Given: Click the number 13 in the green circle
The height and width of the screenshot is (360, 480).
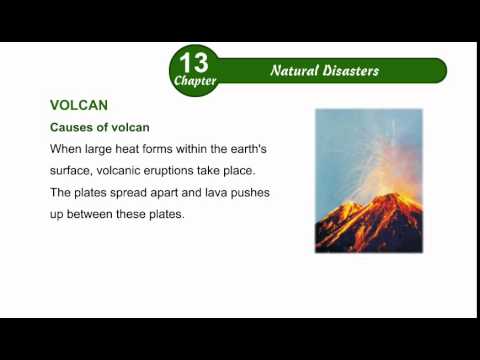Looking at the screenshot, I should [x=194, y=64].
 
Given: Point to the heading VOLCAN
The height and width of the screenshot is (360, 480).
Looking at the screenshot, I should [x=79, y=105].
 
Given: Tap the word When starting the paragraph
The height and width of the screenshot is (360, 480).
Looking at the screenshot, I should [x=67, y=149].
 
